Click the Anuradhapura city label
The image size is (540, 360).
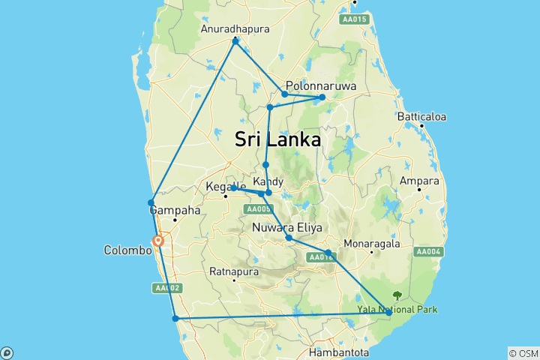235,29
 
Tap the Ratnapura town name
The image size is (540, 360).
235,271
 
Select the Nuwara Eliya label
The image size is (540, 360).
287,227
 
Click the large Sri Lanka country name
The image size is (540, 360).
277,139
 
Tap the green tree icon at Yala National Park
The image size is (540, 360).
397,295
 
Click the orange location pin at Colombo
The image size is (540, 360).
158,241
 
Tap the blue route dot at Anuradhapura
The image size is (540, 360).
235,41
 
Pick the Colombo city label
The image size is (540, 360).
127,250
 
